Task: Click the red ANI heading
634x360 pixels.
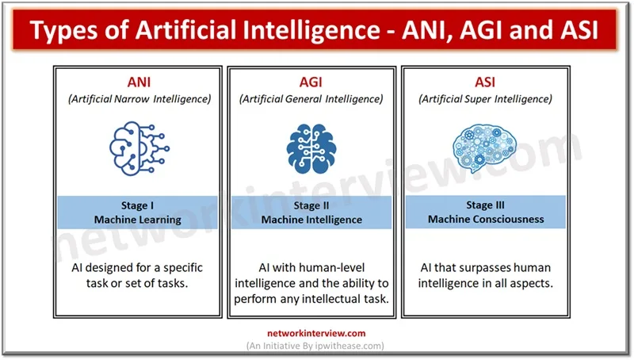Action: click(x=138, y=82)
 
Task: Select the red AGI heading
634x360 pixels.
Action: click(x=311, y=82)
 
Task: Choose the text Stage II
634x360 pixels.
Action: click(x=311, y=205)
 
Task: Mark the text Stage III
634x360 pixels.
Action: click(x=484, y=205)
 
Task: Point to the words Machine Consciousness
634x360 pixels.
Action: click(x=484, y=220)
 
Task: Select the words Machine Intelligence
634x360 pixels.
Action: click(x=311, y=220)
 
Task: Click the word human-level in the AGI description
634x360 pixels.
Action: click(x=332, y=267)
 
